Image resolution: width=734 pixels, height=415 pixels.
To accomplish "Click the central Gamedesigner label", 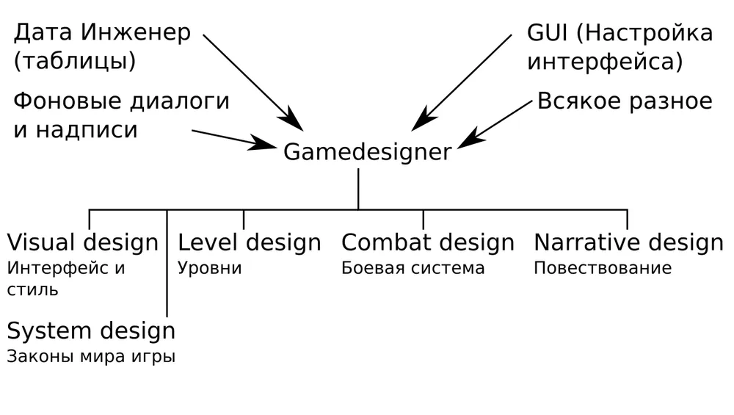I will (x=367, y=152).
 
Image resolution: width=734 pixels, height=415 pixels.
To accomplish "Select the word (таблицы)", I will (x=74, y=61).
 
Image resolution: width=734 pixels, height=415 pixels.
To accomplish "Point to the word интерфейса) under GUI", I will (x=605, y=62).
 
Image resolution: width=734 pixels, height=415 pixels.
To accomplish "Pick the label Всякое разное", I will (x=625, y=101).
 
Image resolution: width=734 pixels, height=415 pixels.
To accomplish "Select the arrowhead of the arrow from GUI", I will (x=419, y=123).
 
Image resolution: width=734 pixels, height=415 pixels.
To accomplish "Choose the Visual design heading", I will (x=82, y=242).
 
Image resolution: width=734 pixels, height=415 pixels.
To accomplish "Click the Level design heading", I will (x=250, y=242).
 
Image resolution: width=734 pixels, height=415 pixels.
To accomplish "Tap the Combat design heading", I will (x=428, y=242).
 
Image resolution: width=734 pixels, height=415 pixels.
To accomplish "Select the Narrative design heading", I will (x=628, y=242).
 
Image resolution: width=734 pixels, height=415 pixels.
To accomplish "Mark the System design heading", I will (x=91, y=331).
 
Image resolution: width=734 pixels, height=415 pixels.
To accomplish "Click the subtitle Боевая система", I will (x=413, y=268).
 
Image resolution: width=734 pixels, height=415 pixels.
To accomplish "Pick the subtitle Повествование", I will (x=602, y=268).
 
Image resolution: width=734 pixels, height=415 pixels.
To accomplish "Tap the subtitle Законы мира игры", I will (x=91, y=358).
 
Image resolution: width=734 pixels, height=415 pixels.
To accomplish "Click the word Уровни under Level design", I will (x=210, y=268).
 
